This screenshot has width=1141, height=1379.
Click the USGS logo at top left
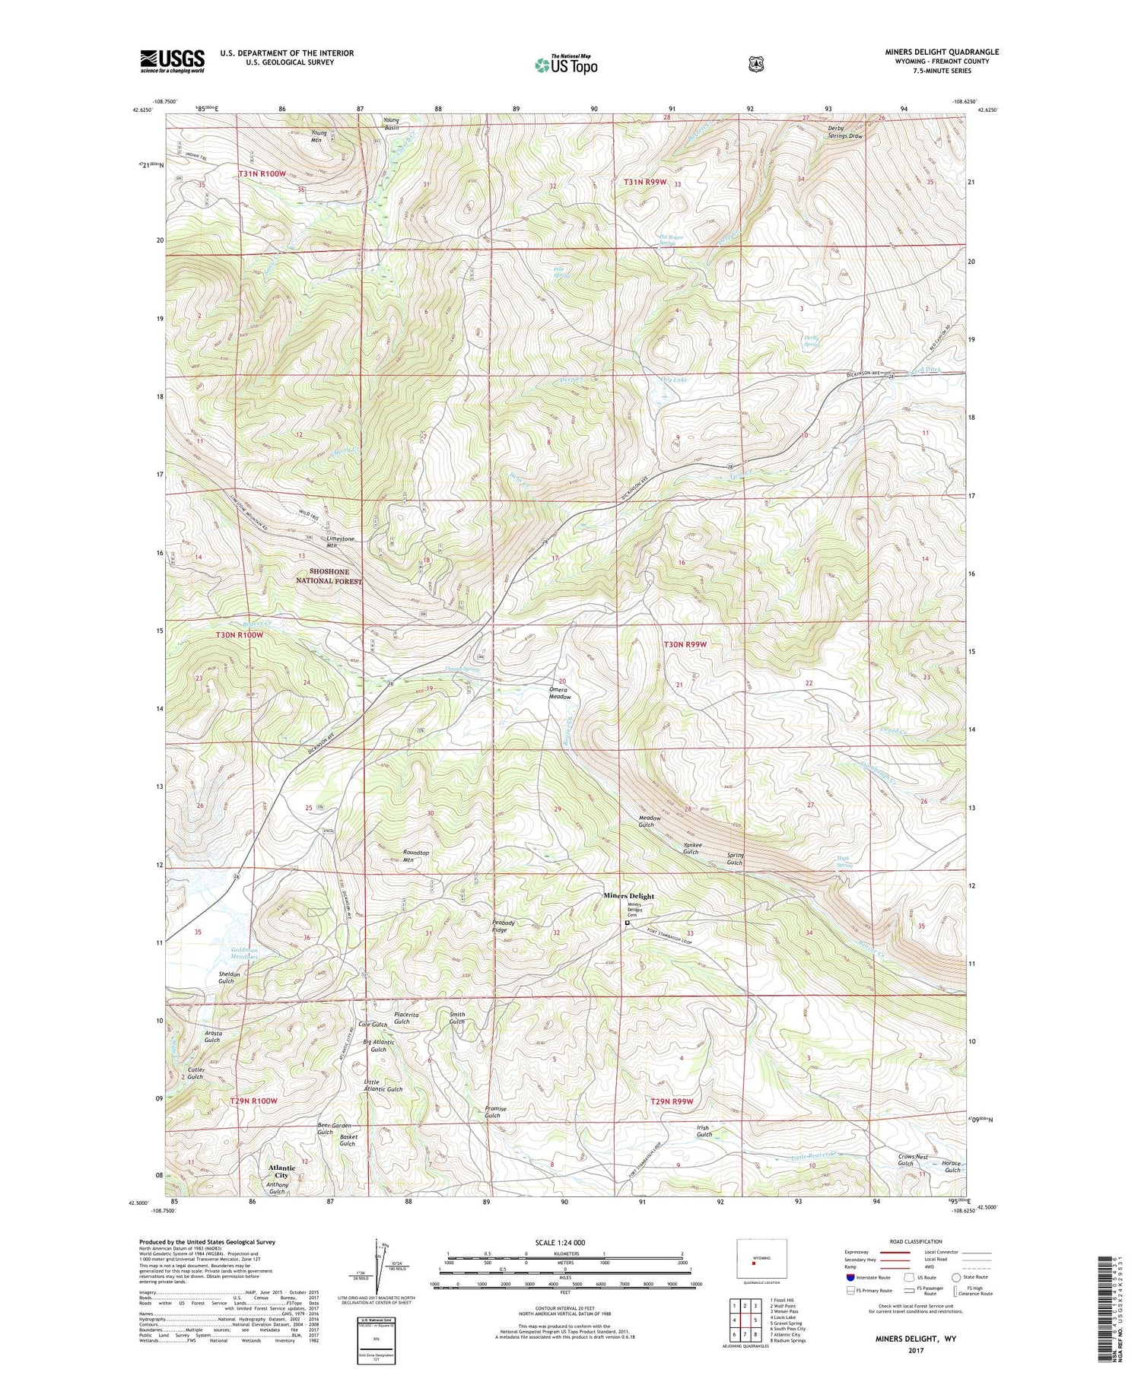172,61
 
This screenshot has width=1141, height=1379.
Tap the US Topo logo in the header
567,65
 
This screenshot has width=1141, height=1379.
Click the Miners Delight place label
628,896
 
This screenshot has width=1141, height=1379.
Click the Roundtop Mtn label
416,856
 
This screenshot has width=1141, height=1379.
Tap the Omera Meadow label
560,693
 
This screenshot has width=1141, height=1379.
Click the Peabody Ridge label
503,926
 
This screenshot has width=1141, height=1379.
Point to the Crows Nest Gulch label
905,1159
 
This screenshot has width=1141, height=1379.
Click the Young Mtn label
319,136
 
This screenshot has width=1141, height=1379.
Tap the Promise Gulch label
495,1112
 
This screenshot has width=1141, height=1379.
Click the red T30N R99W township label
685,644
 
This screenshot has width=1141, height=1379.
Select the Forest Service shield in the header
755,65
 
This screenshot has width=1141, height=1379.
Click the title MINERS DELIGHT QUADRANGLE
936,52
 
